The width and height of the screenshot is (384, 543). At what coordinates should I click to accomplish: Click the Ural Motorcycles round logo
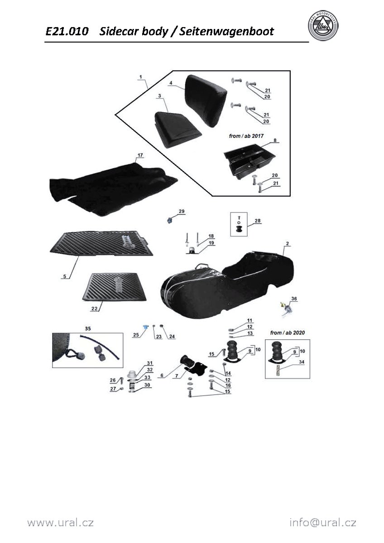(323, 26)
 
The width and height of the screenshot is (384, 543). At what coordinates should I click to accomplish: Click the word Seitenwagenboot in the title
(226, 32)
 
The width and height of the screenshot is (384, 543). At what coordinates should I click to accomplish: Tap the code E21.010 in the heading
(67, 32)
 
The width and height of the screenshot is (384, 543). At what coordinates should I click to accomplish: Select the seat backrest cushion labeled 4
(206, 100)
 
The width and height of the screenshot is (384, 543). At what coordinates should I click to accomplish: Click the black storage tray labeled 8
(250, 161)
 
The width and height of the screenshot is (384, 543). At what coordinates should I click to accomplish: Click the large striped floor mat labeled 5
(101, 243)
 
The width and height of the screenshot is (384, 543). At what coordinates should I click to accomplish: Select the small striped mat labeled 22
(115, 287)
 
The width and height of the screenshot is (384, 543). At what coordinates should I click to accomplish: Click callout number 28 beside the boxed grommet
(257, 221)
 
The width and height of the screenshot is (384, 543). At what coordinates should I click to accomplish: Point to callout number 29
(182, 211)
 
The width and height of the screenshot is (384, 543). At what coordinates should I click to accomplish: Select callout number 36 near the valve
(294, 299)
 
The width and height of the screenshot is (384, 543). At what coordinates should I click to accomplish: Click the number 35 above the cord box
(88, 329)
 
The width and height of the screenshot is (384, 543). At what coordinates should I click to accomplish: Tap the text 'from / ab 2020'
(288, 333)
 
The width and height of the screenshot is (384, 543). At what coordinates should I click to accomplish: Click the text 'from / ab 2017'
(246, 136)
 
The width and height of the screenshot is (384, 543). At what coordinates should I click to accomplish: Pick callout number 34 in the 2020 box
(302, 362)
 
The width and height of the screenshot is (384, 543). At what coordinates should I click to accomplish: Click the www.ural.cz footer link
(60, 522)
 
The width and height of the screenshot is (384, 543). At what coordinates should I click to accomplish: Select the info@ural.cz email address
(323, 522)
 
